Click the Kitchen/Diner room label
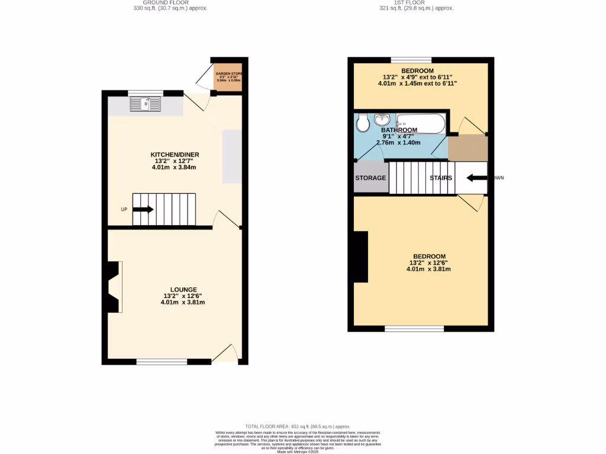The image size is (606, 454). (173, 154)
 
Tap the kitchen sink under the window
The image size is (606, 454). (146, 105)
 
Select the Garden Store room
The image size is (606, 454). (228, 79)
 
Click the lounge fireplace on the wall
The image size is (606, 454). (114, 287)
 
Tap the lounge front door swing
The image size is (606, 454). (225, 355)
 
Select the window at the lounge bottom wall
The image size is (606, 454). (162, 361)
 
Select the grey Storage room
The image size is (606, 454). (370, 177)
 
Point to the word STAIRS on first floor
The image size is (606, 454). (441, 178)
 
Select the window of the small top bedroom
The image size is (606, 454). (411, 60)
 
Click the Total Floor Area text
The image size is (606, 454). (298, 426)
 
